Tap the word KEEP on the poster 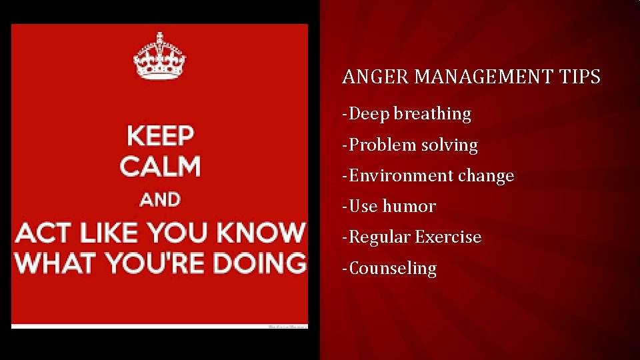pos(161,136)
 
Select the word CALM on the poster pos(160,166)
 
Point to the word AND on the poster pos(160,199)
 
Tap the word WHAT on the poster pos(55,262)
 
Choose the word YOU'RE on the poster pos(158,262)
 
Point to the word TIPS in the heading pos(580,77)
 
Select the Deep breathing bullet pos(407,114)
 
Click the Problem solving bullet pos(410,145)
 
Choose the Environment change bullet pos(428,175)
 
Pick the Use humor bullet pos(389,206)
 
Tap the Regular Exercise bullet pos(411,237)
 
